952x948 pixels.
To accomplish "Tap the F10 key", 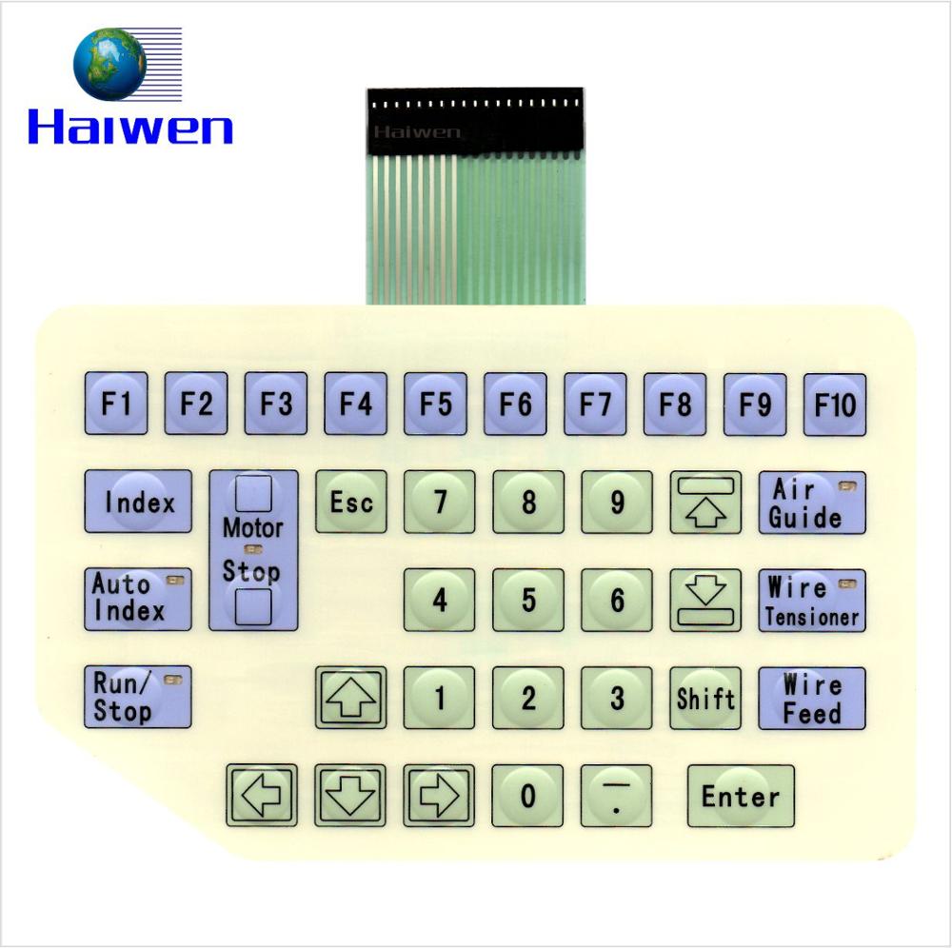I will (835, 404).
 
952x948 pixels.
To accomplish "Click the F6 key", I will (515, 404).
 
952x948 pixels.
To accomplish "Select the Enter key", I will (741, 796).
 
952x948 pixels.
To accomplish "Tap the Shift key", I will (705, 698).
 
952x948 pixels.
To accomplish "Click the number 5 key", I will (528, 600).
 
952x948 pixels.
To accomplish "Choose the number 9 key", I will (617, 502).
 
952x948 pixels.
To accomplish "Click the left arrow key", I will (262, 796).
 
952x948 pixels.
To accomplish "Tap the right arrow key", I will (439, 796).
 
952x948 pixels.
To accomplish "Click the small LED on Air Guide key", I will (846, 486).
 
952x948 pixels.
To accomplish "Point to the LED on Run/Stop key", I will (172, 680).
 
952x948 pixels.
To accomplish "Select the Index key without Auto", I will (138, 502).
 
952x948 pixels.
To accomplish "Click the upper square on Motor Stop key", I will (253, 494).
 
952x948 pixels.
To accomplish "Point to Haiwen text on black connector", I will (416, 132).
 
